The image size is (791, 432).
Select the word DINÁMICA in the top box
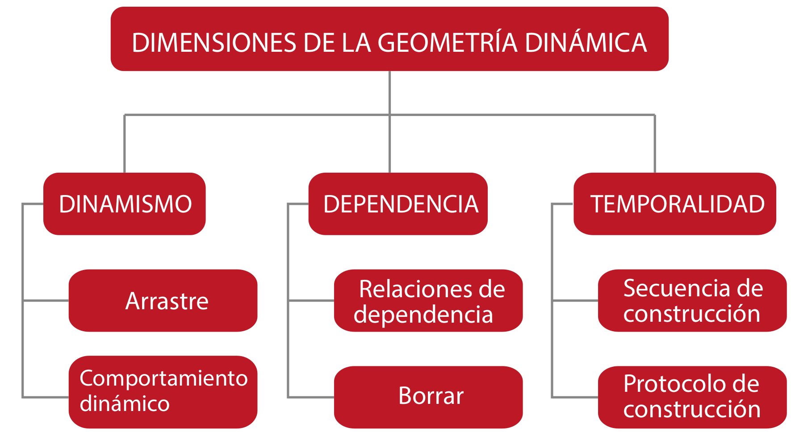(x=586, y=43)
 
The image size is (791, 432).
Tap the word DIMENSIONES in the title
(x=214, y=43)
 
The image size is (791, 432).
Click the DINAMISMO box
(x=125, y=204)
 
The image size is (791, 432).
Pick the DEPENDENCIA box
(x=398, y=204)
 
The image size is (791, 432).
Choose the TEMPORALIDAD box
(x=675, y=204)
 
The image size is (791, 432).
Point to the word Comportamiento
(x=163, y=378)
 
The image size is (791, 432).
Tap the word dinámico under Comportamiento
(x=125, y=403)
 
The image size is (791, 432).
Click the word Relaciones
(x=410, y=289)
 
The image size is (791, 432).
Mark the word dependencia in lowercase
(x=423, y=314)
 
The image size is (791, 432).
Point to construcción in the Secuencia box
(x=692, y=314)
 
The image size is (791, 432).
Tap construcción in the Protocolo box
(x=692, y=409)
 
